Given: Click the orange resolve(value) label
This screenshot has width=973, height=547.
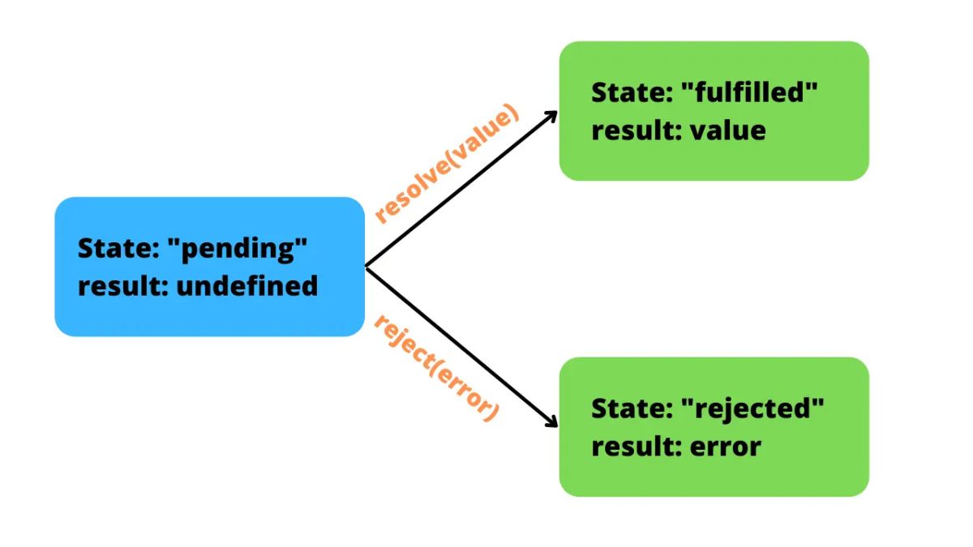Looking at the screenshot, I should click(446, 165).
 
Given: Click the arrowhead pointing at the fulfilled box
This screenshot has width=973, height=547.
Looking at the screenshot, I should click(551, 116).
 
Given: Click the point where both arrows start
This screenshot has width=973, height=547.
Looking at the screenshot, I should click(367, 267).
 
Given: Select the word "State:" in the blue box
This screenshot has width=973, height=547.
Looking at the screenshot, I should click(116, 249).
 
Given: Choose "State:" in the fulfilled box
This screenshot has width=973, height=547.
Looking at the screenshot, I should click(629, 92).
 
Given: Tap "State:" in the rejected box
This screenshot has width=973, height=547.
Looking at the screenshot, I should click(629, 408).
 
